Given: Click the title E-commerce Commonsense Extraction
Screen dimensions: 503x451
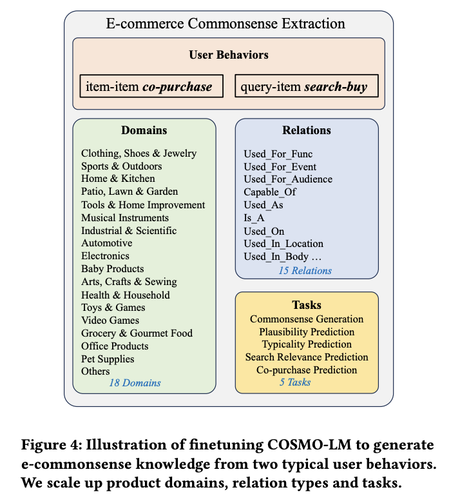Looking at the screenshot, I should [225, 25].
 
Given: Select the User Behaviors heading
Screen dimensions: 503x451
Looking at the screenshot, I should [229, 55].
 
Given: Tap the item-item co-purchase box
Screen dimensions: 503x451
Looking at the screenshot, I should [151, 86].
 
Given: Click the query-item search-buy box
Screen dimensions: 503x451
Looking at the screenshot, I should [305, 86].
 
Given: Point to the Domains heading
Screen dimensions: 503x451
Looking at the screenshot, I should [144, 130].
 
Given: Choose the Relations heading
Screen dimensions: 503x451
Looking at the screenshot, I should [306, 130].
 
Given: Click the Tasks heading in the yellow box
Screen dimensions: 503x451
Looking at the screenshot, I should [306, 305].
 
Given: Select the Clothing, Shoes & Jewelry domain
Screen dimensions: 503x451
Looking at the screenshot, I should [139, 153].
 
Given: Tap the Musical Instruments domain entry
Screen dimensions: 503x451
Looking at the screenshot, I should [125, 218].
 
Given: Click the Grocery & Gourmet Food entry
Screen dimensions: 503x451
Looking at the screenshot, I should [137, 333].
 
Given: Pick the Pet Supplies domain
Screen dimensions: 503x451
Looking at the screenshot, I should [108, 359].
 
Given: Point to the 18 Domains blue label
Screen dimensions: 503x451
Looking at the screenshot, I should [135, 383].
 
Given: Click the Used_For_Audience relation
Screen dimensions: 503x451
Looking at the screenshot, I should [288, 179].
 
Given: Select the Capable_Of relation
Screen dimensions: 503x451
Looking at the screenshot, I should [270, 192].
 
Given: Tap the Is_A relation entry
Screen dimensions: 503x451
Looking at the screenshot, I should [254, 218].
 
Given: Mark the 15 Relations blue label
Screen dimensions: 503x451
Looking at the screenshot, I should [305, 270].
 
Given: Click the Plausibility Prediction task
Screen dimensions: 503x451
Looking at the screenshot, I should [307, 331].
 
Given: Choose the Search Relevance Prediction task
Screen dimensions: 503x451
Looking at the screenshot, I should [307, 357].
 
